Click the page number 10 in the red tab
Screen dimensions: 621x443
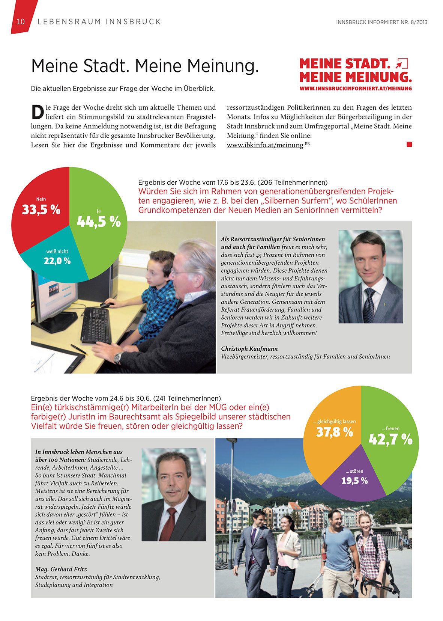[21, 22]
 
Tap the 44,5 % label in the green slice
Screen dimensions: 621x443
[99, 222]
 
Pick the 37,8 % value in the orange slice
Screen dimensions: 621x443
[335, 432]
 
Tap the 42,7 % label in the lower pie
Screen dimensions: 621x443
[390, 439]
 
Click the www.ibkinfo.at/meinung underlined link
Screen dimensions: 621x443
[265, 145]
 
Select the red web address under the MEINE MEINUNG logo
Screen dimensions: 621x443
[356, 89]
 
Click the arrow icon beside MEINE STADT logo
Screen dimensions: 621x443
[402, 63]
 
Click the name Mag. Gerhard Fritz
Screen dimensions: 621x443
[61, 569]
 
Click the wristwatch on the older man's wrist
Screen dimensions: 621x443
[118, 357]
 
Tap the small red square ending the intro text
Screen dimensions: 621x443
[409, 145]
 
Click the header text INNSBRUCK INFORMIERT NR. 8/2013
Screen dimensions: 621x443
[381, 22]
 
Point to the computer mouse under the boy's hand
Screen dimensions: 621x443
[105, 306]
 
